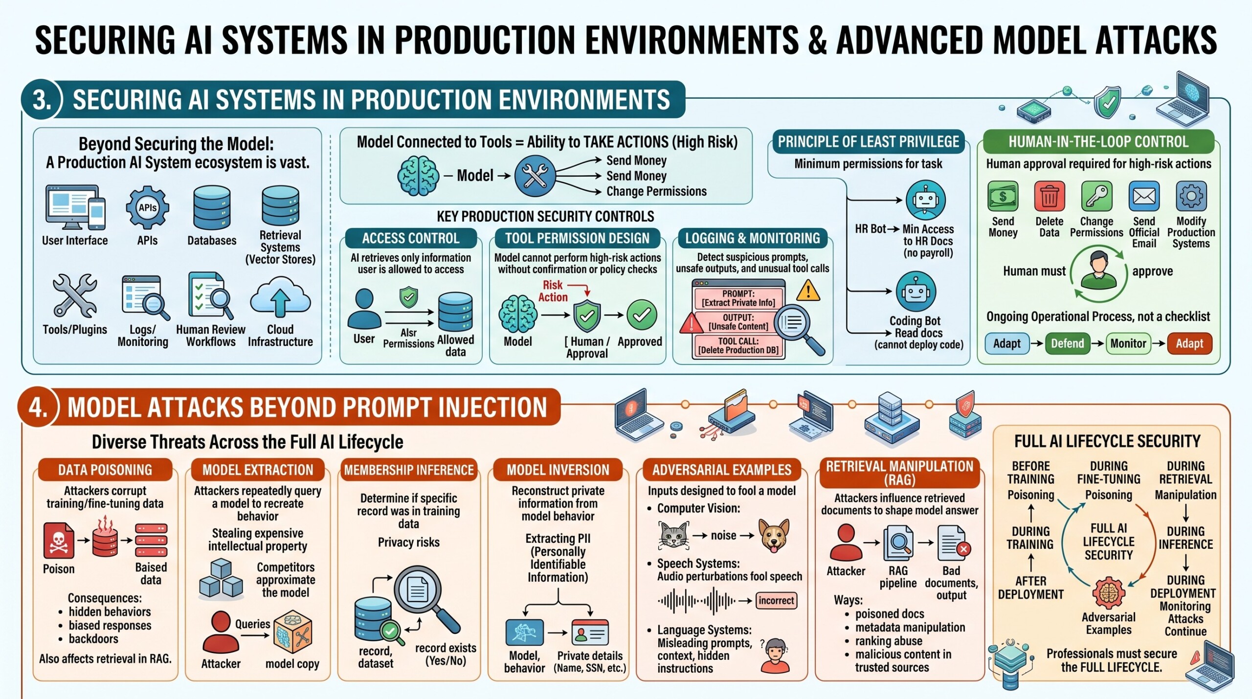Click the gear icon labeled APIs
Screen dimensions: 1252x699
pyautogui.click(x=147, y=207)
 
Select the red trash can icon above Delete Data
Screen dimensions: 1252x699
pyautogui.click(x=1050, y=196)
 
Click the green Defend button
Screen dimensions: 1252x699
pyautogui.click(x=1067, y=343)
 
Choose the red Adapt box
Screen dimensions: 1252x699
pyautogui.click(x=1189, y=343)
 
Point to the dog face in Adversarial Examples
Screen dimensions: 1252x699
pyautogui.click(x=774, y=536)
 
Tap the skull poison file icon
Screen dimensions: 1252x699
pyautogui.click(x=59, y=541)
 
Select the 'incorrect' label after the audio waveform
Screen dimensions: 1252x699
pyautogui.click(x=777, y=601)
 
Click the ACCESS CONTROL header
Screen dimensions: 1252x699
pyautogui.click(x=411, y=238)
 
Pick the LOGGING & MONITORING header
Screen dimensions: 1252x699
pyautogui.click(x=752, y=238)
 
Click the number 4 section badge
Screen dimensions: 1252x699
pyautogui.click(x=38, y=407)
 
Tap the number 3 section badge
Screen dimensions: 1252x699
pyautogui.click(x=42, y=99)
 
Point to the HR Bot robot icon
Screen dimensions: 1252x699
pyautogui.click(x=925, y=200)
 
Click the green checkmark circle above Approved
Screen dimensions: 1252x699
pyautogui.click(x=641, y=316)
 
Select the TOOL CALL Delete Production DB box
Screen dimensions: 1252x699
pyautogui.click(x=738, y=346)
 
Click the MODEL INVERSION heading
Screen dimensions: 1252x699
pyautogui.click(x=558, y=470)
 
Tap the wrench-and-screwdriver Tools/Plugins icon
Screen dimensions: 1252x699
pyautogui.click(x=75, y=295)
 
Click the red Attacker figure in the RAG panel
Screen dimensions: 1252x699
pyautogui.click(x=846, y=542)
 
